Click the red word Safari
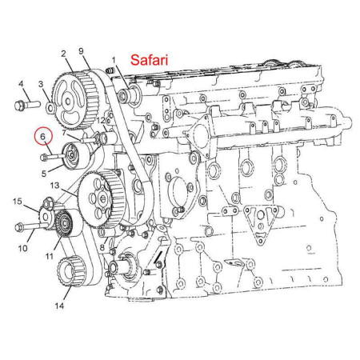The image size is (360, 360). (x=149, y=60)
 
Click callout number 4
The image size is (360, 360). (x=21, y=84)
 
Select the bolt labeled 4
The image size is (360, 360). (x=27, y=105)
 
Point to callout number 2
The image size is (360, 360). (x=63, y=54)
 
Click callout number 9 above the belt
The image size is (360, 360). (x=81, y=51)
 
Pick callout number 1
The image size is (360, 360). (x=114, y=61)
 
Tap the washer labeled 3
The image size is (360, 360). (x=51, y=107)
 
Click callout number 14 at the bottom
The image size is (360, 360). (x=59, y=306)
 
